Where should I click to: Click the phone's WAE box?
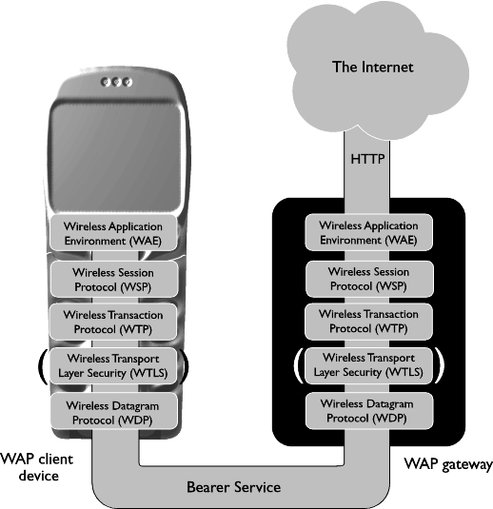click(113, 233)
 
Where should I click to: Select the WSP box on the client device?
click(114, 279)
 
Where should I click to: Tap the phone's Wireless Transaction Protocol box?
click(113, 322)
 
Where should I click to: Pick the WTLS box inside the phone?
click(113, 365)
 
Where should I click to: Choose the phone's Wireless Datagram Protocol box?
click(114, 412)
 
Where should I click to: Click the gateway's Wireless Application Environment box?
click(368, 232)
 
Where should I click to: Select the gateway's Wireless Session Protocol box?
click(369, 279)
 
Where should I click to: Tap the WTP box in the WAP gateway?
click(368, 322)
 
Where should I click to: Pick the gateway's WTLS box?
click(368, 365)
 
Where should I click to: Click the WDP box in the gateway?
click(369, 411)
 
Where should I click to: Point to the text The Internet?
click(373, 67)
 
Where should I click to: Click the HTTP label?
click(367, 159)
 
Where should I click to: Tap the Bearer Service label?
click(233, 487)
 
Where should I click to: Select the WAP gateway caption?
click(448, 464)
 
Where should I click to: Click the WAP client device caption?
click(37, 467)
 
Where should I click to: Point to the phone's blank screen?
click(116, 156)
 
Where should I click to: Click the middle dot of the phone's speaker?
click(116, 82)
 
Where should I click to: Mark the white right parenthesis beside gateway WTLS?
click(439, 365)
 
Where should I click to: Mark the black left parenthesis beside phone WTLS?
click(42, 366)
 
